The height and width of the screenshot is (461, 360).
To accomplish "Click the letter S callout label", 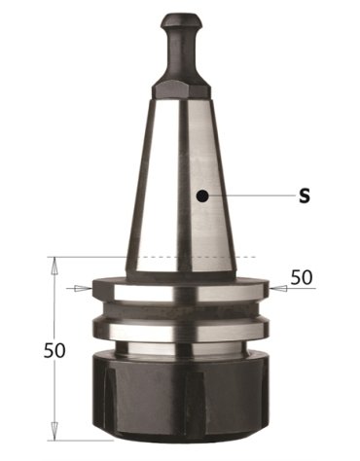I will click(x=305, y=195).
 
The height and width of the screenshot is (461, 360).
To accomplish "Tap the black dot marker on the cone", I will click(x=201, y=195).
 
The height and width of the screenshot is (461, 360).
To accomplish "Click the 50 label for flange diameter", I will click(x=302, y=277).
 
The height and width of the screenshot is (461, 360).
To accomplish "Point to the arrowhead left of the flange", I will click(x=82, y=288).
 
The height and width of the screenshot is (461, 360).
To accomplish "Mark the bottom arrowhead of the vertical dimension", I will click(x=54, y=428).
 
